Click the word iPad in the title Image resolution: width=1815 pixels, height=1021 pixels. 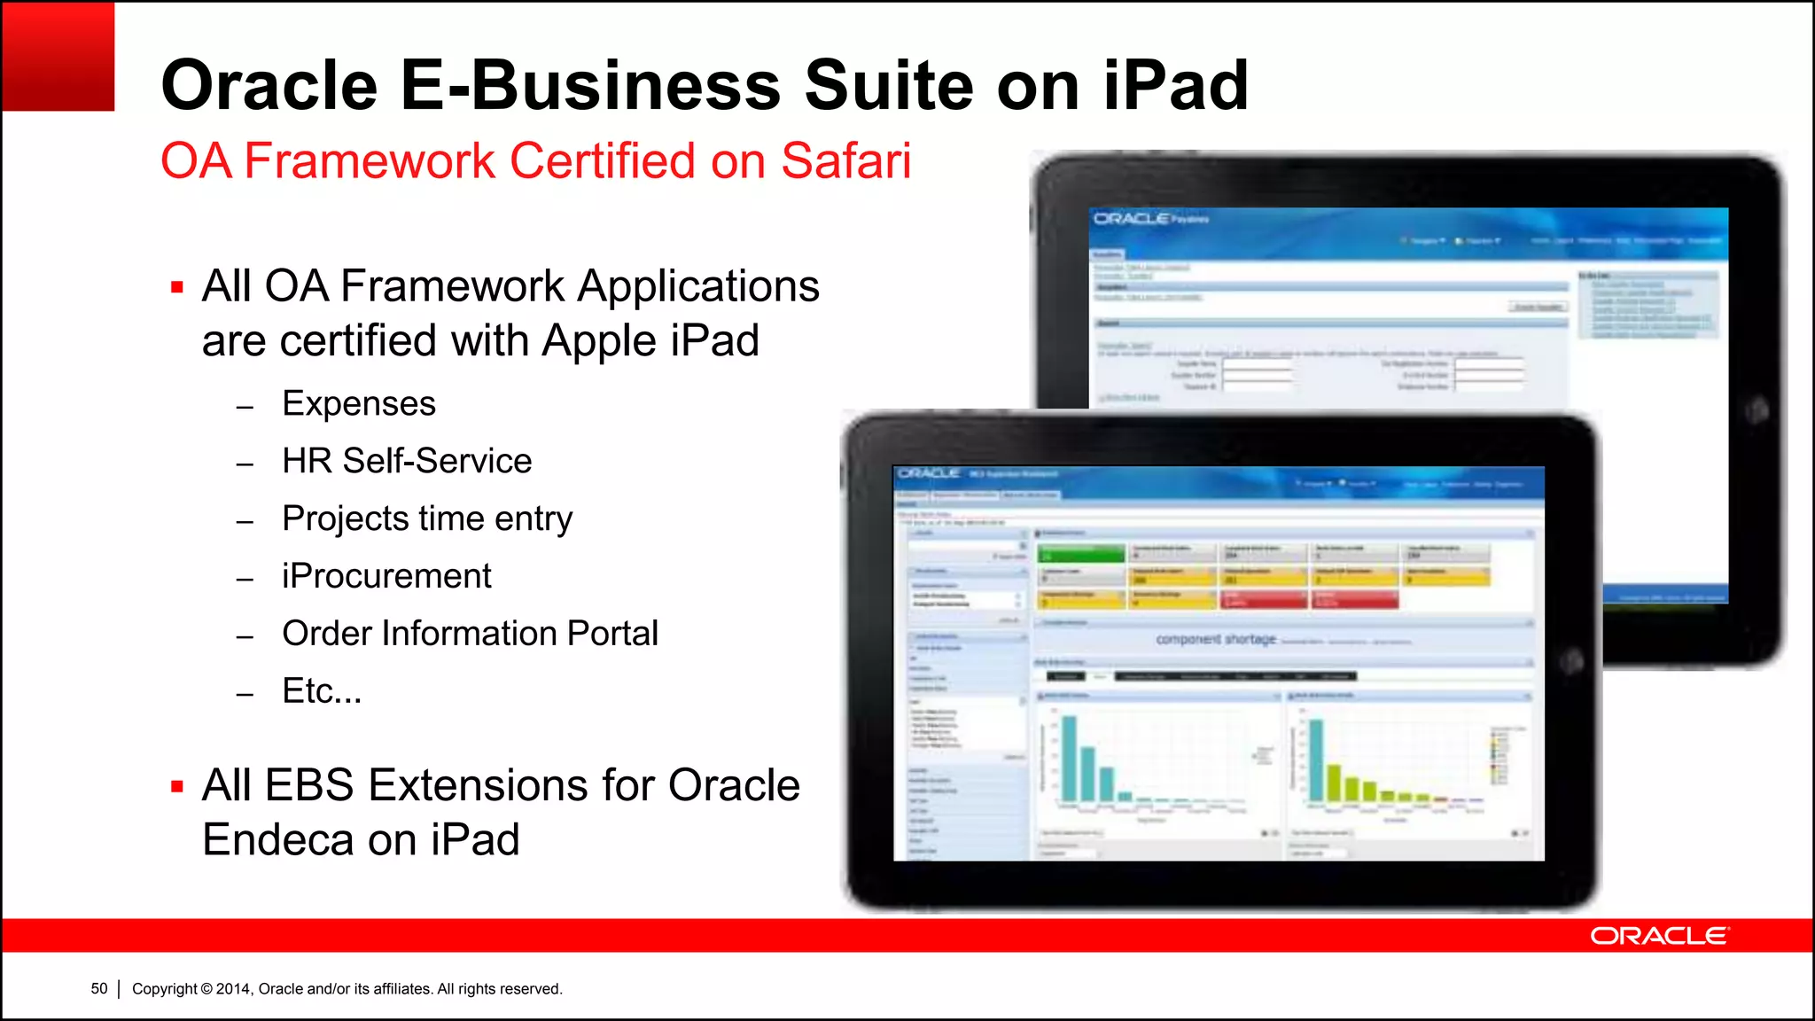(1176, 86)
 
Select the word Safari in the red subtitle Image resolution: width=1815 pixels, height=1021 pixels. (845, 161)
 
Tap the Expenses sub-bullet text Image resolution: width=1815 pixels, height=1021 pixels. (359, 404)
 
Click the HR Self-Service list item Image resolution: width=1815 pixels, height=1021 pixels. (407, 462)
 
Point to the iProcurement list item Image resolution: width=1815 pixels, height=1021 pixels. (386, 577)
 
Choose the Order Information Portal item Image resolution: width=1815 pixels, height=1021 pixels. (470, 635)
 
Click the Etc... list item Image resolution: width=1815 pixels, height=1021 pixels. (322, 691)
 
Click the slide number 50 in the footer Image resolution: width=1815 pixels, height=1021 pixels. (99, 989)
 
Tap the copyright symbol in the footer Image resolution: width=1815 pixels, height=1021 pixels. (206, 989)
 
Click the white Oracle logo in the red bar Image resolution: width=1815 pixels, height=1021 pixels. (1659, 937)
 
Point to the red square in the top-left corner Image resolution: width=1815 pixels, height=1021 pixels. (58, 57)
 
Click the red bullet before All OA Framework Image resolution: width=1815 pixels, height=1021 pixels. (177, 287)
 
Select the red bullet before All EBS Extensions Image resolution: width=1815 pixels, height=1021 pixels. (177, 786)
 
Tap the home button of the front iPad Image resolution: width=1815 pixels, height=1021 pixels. (1571, 661)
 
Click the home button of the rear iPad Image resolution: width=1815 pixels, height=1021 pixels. (1757, 410)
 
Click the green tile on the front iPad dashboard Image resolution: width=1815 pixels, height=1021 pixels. (1081, 554)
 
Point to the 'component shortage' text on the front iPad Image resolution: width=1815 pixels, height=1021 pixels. (1216, 639)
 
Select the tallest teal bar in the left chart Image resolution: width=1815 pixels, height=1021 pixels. (1070, 759)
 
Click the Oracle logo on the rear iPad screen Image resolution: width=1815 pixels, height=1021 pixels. (1132, 219)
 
